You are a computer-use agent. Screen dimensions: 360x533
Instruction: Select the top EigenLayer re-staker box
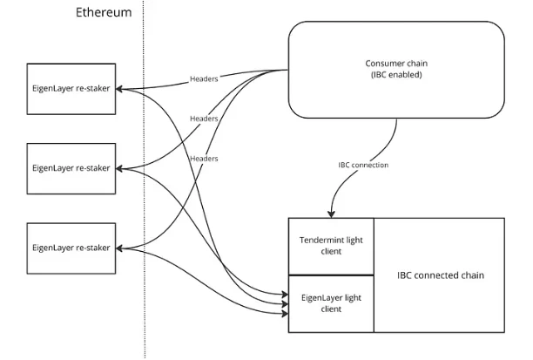point(71,87)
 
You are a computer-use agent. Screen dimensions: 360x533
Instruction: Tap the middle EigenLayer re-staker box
point(71,168)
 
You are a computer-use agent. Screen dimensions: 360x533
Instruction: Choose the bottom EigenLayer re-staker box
point(71,248)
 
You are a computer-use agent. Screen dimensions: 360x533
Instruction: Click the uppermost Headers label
point(204,79)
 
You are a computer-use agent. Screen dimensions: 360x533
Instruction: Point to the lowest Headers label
point(203,158)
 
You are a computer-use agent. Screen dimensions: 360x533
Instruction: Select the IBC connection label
point(363,164)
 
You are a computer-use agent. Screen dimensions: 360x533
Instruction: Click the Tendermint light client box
point(331,245)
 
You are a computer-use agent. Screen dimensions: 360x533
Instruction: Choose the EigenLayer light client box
point(331,302)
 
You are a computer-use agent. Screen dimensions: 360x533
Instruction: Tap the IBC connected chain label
point(441,275)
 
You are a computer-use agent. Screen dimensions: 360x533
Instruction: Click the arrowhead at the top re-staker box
point(121,87)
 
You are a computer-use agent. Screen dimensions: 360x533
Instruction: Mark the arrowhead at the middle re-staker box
point(121,168)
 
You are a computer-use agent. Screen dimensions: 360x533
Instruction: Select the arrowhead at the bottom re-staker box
point(121,248)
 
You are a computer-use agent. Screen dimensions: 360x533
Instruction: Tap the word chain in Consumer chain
point(418,65)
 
